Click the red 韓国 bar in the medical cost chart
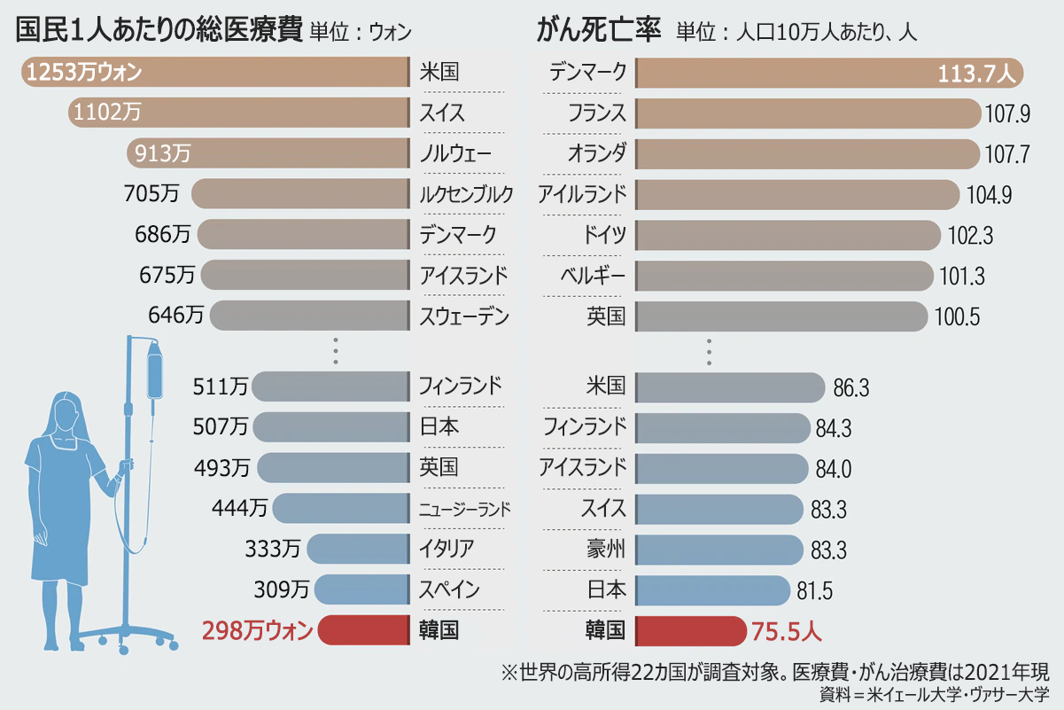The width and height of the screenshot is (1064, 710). [x=363, y=630]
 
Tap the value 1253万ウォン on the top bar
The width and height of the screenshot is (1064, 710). [x=84, y=73]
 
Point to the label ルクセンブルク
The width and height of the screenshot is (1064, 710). [x=466, y=194]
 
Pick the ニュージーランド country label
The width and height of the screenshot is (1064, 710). [x=464, y=509]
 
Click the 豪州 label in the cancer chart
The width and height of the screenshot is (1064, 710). [x=606, y=550]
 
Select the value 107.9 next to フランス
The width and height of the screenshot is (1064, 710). [x=1007, y=113]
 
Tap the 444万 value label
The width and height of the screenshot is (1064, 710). [x=239, y=509]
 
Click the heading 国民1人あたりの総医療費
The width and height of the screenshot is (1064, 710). [x=160, y=31]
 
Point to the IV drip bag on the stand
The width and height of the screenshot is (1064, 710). [x=155, y=372]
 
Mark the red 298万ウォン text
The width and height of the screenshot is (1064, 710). [x=258, y=631]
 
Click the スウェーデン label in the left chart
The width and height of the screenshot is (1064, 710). [x=464, y=316]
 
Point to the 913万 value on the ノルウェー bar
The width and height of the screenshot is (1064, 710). [x=163, y=153]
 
